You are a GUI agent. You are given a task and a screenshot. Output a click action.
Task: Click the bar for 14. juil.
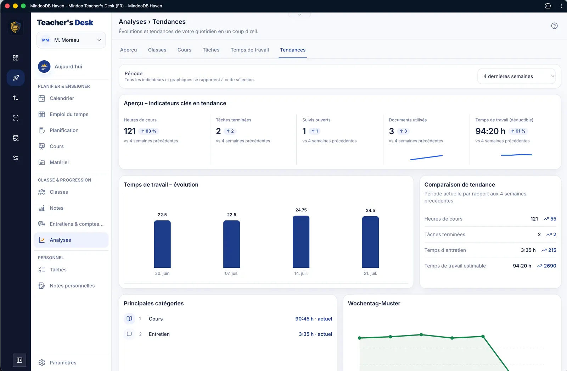(301, 242)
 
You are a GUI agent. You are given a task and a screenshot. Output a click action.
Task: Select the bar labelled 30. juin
(162, 244)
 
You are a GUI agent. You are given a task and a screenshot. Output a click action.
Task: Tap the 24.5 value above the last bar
(370, 210)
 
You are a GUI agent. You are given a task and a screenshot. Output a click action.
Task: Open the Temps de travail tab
(249, 50)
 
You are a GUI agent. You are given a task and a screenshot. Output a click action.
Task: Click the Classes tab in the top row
(157, 50)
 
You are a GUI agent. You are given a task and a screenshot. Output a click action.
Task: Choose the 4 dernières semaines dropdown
(516, 76)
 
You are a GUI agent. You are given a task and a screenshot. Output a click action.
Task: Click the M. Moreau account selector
(71, 40)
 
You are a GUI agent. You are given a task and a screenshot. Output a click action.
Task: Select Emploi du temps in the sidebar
(69, 114)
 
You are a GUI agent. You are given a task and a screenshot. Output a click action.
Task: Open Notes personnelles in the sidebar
(72, 286)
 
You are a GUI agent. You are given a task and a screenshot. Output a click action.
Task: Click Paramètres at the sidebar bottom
(63, 362)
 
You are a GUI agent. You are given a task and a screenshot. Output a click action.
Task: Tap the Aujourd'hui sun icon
(44, 66)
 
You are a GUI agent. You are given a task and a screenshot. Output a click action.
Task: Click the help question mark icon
(554, 26)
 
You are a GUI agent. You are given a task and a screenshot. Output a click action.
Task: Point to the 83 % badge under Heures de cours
(148, 131)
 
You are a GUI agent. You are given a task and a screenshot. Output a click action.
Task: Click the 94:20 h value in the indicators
(490, 131)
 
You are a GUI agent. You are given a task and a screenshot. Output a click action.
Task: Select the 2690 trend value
(550, 266)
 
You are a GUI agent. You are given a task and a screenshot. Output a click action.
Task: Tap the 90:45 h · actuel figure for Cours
(314, 319)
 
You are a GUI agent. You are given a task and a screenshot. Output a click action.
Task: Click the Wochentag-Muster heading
(374, 303)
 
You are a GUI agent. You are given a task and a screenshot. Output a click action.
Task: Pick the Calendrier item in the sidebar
(62, 98)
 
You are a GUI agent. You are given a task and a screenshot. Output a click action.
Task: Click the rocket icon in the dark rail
(16, 78)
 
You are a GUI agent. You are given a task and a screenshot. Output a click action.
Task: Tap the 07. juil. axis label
(231, 273)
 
